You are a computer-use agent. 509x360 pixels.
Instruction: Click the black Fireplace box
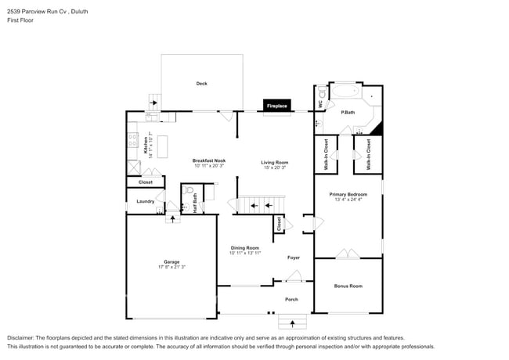pos(277,105)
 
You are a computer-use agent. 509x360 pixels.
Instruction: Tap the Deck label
pos(201,83)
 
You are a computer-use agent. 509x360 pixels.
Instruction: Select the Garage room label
pos(171,261)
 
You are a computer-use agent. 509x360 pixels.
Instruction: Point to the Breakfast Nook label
pos(208,161)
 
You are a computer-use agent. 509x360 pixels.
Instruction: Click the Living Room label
pos(274,162)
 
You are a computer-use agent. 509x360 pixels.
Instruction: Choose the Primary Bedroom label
pos(348,194)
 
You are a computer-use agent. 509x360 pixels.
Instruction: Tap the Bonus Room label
pos(348,286)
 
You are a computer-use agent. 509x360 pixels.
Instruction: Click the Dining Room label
pos(244,248)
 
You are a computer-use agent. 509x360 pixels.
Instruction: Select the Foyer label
pos(294,257)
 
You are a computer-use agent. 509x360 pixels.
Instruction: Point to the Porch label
pos(291,299)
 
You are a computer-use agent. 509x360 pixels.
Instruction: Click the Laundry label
pos(145,201)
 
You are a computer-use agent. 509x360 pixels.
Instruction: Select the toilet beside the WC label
pos(322,93)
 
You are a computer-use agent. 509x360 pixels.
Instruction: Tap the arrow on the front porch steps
pos(293,321)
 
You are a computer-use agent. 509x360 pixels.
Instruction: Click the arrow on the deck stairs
pos(154,102)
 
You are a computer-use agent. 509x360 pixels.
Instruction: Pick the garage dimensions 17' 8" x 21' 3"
pos(171,267)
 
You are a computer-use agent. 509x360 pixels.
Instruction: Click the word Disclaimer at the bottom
pos(23,337)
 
